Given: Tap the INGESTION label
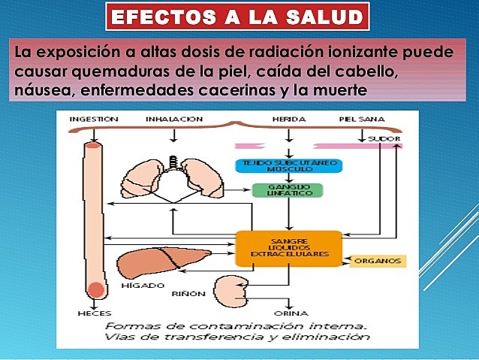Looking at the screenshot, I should [x=93, y=119].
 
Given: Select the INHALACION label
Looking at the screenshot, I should [x=174, y=119].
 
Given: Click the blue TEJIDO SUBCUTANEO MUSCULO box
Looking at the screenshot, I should [x=288, y=166].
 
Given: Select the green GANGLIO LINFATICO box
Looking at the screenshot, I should [x=288, y=192].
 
